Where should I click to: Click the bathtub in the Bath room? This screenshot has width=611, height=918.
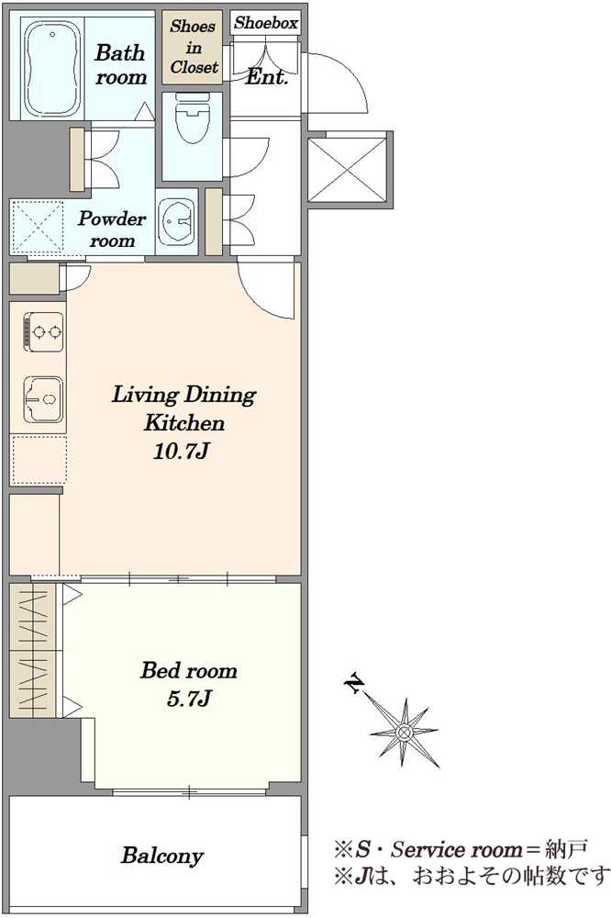click(52, 68)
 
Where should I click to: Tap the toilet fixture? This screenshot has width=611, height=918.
click(192, 118)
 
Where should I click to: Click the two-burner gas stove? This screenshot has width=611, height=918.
click(43, 332)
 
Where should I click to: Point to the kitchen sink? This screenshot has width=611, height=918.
click(43, 399)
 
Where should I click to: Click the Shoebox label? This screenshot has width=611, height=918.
click(266, 23)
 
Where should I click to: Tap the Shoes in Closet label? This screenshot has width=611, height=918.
click(194, 47)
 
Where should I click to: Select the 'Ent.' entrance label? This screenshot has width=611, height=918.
click(267, 77)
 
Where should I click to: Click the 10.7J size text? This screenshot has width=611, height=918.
click(182, 451)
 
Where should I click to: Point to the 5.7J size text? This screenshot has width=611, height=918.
click(188, 698)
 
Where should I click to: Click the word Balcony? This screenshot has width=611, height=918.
click(162, 856)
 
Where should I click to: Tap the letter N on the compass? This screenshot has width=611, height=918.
click(355, 683)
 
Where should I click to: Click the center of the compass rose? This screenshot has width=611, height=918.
click(404, 732)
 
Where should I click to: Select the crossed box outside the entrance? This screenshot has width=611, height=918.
click(349, 169)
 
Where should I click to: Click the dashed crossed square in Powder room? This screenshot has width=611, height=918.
click(37, 229)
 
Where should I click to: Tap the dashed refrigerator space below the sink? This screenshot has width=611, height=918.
click(39, 459)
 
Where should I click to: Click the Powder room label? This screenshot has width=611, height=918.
click(111, 229)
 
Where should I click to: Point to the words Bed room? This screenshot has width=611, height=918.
click(188, 670)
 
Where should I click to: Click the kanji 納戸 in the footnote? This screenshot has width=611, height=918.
click(566, 849)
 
